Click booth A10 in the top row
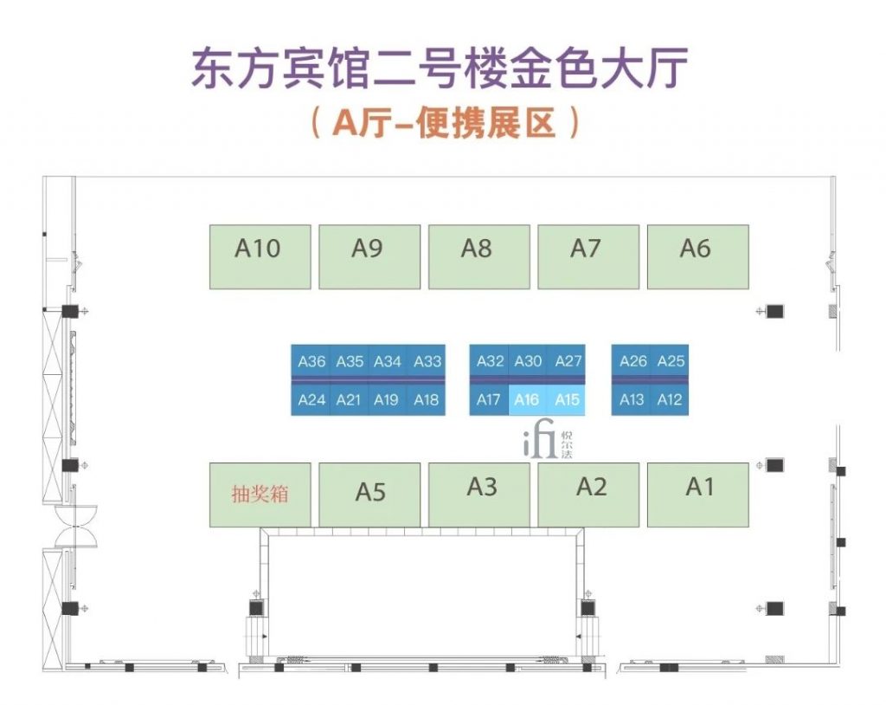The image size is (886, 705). point(260,257)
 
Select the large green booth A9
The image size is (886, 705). point(369,257)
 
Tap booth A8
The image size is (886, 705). point(479,257)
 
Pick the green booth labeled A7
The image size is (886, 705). point(588,257)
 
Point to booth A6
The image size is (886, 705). point(698,257)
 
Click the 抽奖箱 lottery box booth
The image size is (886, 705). point(260,495)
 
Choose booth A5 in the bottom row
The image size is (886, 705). point(369,495)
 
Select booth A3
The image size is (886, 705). point(479,495)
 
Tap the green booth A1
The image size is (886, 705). point(698,495)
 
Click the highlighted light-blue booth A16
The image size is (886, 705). point(528,400)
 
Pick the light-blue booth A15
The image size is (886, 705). point(566,400)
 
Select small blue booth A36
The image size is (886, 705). point(311,361)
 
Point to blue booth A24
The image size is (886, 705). point(311,400)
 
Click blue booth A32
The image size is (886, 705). point(490,361)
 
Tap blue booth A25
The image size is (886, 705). point(670,361)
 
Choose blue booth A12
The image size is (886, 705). point(670,400)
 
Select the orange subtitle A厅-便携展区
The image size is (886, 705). point(446,122)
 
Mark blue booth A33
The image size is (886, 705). point(427,361)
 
